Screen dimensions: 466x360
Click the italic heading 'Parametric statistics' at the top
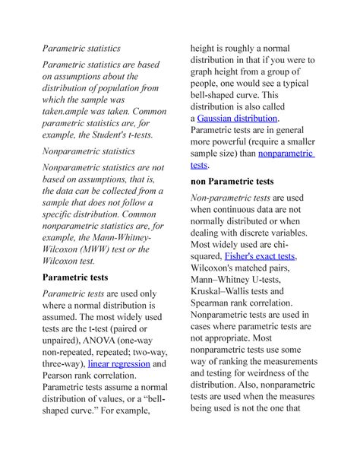[81, 49]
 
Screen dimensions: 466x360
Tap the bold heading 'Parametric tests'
[86, 277]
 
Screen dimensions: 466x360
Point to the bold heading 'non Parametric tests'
[242, 182]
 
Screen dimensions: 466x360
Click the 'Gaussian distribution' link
[238, 119]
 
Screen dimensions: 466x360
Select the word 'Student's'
[102, 135]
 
